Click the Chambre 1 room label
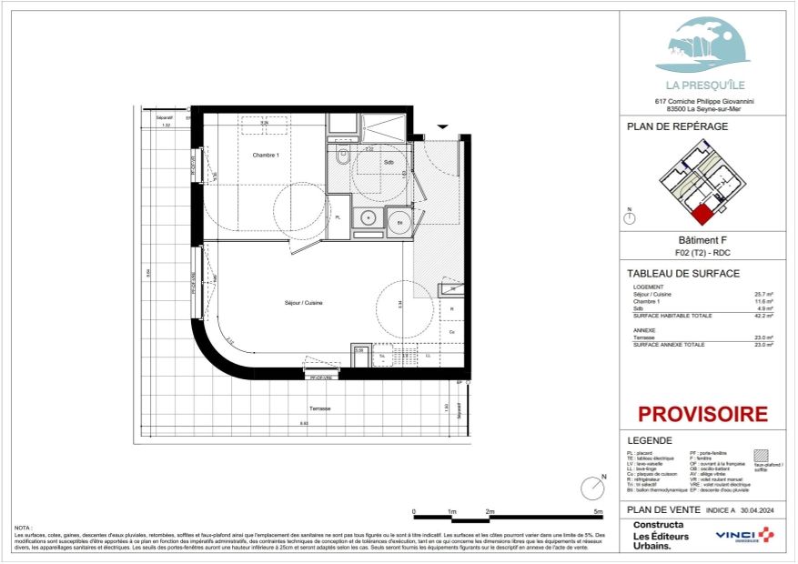265,155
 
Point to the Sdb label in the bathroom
389,163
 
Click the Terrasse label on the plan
318,408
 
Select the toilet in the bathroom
342,156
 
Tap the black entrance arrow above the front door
443,126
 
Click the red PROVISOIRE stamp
702,415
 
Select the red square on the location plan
702,215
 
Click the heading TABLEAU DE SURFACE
683,274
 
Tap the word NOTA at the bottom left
23,527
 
